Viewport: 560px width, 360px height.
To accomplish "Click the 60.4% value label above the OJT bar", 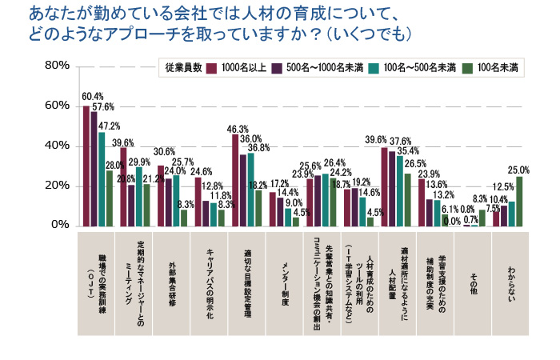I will pos(93,97).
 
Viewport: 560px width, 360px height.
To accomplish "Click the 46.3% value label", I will pos(238,128).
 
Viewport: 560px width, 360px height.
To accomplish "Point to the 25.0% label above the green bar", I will pos(519,170).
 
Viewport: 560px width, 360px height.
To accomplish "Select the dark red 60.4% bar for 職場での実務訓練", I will pos(86,166).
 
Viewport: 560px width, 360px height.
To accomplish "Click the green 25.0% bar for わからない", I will pos(519,201).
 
